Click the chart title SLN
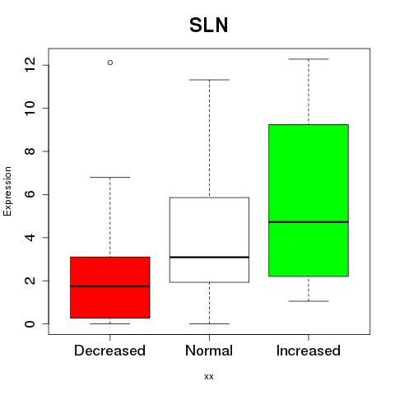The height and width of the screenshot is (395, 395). [209, 26]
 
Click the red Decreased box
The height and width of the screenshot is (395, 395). [110, 287]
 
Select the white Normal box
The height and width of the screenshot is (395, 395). [209, 239]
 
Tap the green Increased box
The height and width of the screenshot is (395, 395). [309, 201]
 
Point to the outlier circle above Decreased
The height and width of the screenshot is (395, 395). [110, 63]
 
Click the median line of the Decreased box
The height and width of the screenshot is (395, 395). [110, 286]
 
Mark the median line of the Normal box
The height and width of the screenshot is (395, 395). [209, 257]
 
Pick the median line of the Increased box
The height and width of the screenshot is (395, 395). [309, 222]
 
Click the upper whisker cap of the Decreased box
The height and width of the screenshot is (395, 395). [110, 177]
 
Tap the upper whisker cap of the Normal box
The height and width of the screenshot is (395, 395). [209, 80]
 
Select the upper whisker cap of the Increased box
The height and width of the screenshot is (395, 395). [309, 59]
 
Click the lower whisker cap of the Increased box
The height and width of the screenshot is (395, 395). [309, 301]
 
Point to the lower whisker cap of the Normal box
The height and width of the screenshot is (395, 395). [209, 323]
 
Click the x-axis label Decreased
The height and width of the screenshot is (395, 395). [109, 351]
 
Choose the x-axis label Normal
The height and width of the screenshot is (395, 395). [209, 351]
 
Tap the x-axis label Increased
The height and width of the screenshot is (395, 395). [309, 351]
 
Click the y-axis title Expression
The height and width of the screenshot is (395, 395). [7, 191]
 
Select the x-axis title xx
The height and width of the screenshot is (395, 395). [209, 377]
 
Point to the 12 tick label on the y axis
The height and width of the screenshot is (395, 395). [30, 65]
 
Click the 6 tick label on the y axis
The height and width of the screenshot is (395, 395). [30, 194]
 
